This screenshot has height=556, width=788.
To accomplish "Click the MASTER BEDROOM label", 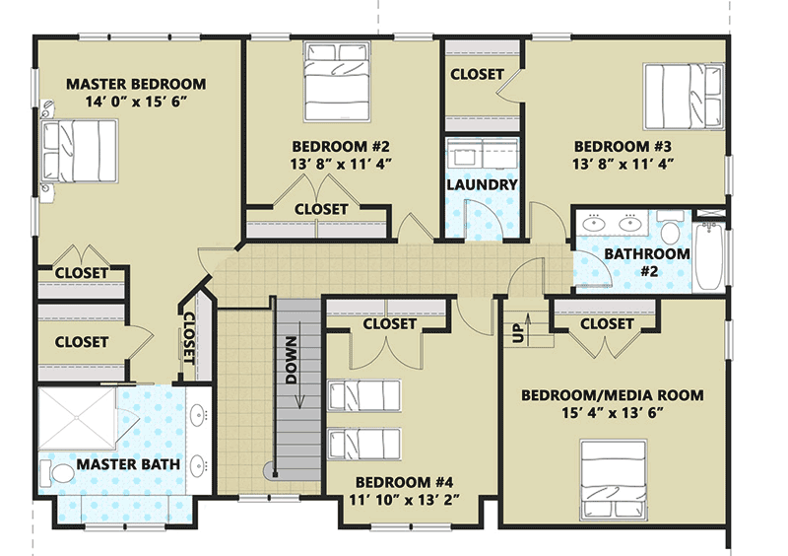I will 136,84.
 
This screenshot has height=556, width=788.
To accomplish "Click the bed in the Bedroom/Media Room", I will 616,476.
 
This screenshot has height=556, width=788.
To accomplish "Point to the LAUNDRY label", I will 482,184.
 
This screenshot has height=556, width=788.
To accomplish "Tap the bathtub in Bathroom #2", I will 708,254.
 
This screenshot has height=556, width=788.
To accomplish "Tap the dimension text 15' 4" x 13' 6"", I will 612,414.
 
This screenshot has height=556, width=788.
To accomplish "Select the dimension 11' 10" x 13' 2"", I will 404,501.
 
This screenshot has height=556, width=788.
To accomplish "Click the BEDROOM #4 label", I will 404,482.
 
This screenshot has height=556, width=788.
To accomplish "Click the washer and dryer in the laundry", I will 482,155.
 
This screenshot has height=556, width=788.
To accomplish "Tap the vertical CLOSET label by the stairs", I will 189,337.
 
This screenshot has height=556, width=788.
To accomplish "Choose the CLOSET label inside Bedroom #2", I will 321,209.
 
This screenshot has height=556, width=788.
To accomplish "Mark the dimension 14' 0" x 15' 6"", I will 136,103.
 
